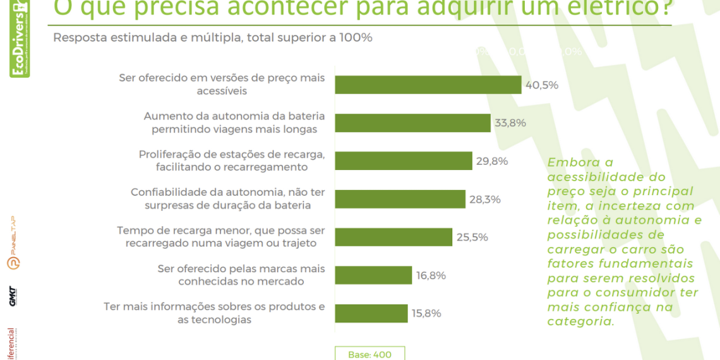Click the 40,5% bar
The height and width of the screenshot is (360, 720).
point(428,85)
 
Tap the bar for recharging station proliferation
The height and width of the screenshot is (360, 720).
point(403,161)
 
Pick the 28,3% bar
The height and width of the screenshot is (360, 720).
point(400,199)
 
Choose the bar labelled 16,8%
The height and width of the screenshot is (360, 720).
point(373,275)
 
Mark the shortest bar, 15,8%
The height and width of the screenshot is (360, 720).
point(371,313)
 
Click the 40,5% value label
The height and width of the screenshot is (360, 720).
point(542,85)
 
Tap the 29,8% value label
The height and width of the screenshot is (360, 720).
point(492,161)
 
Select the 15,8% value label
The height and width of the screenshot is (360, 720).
point(426,313)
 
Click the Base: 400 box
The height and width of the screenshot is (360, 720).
point(369,354)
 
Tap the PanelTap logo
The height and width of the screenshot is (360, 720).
point(13,244)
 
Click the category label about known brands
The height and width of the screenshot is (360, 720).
point(241,275)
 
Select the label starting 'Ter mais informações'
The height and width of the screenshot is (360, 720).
point(214,313)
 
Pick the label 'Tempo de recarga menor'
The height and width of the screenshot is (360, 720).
point(220,237)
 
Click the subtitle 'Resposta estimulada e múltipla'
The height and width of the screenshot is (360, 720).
point(212,37)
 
